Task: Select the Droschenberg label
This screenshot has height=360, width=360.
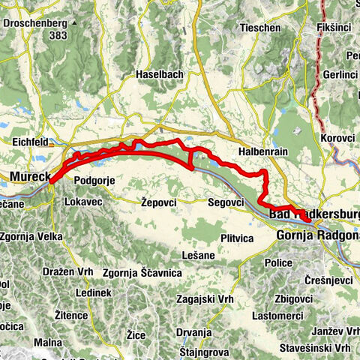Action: pyautogui.click(x=34, y=23)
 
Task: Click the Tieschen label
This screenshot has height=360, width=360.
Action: pyautogui.click(x=255, y=28)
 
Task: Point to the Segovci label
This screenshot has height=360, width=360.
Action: pyautogui.click(x=226, y=202)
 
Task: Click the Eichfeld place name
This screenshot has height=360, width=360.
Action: pyautogui.click(x=30, y=140)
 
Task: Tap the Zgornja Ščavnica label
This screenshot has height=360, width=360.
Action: pyautogui.click(x=142, y=272)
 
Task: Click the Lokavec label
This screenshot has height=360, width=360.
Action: pyautogui.click(x=85, y=202)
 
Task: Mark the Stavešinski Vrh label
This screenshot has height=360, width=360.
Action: pyautogui.click(x=314, y=348)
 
